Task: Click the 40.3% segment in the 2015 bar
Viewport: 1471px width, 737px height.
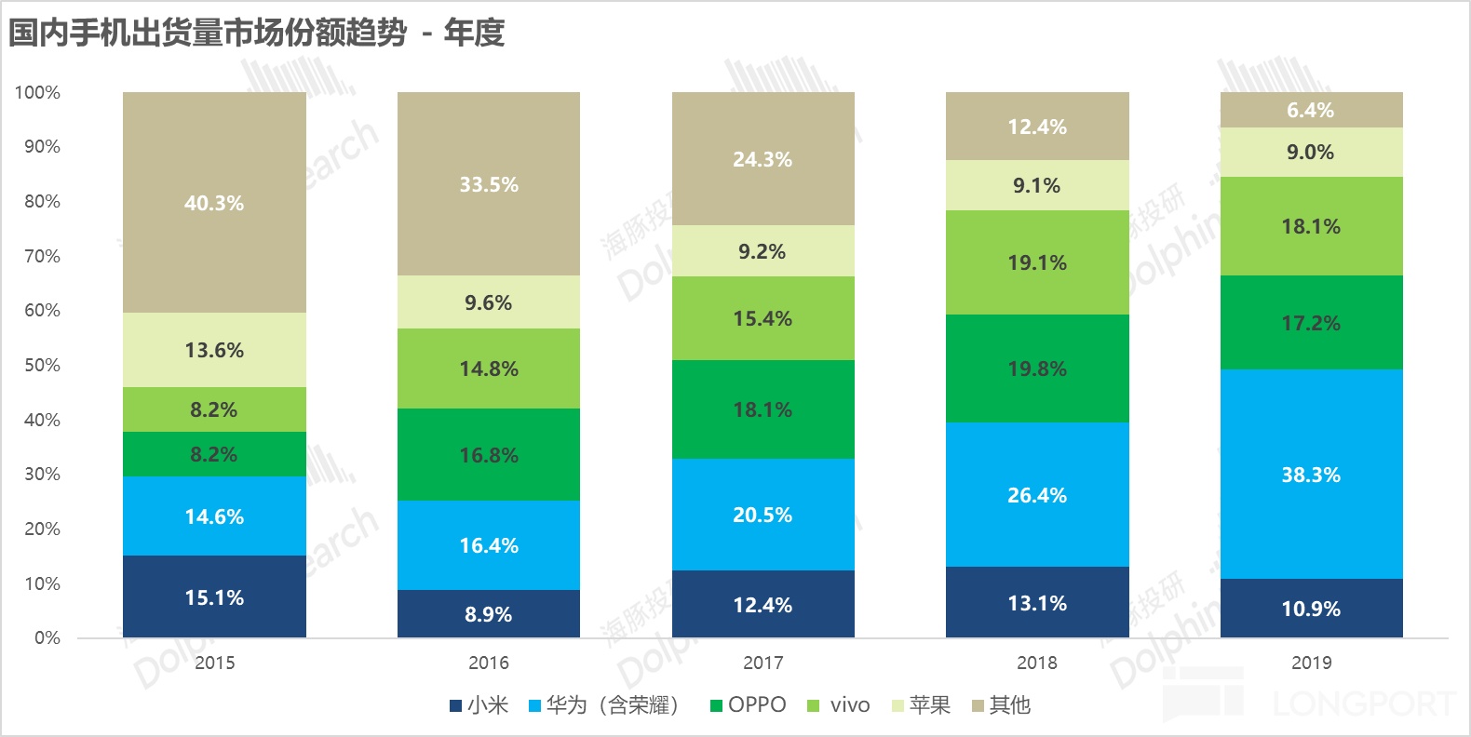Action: pyautogui.click(x=214, y=202)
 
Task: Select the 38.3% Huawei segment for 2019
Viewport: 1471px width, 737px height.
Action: pyautogui.click(x=1311, y=474)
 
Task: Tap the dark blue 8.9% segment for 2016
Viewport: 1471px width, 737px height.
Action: pyautogui.click(x=488, y=613)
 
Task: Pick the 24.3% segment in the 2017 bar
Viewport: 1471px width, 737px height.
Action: pyautogui.click(x=762, y=158)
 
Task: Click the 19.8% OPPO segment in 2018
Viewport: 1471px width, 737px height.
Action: pyautogui.click(x=1037, y=368)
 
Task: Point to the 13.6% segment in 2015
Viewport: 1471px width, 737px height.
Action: pyautogui.click(x=214, y=350)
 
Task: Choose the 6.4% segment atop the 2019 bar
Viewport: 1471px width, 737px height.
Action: pyautogui.click(x=1311, y=110)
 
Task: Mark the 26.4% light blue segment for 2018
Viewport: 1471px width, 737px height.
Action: pyautogui.click(x=1037, y=494)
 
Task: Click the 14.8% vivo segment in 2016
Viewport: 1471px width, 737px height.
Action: pyautogui.click(x=488, y=368)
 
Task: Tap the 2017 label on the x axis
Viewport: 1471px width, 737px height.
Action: pyautogui.click(x=762, y=663)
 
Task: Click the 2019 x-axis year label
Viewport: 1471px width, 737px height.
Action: pyautogui.click(x=1311, y=663)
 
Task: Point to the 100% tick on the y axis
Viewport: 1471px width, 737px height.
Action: pyautogui.click(x=37, y=92)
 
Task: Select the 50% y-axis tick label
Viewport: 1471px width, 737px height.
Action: pyautogui.click(x=42, y=365)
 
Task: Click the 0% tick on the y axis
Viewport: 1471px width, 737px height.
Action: pyautogui.click(x=47, y=637)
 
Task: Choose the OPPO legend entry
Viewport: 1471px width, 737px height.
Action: pyautogui.click(x=749, y=705)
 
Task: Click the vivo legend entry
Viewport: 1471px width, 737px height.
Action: pyautogui.click(x=840, y=705)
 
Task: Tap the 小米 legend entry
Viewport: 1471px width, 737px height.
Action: pyautogui.click(x=479, y=705)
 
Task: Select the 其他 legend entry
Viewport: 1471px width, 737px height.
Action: pyautogui.click(x=1002, y=705)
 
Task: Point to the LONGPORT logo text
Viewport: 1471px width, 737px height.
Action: pyautogui.click(x=1364, y=704)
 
